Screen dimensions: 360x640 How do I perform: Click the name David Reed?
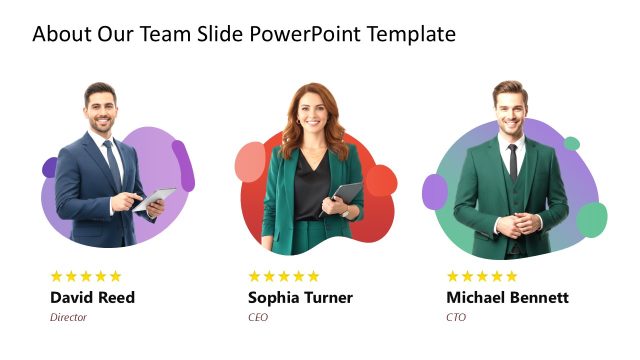pyautogui.click(x=92, y=297)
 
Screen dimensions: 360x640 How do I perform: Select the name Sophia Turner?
pyautogui.click(x=300, y=297)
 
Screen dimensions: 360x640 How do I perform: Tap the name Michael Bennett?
pyautogui.click(x=507, y=297)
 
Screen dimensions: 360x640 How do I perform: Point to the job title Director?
pyautogui.click(x=68, y=317)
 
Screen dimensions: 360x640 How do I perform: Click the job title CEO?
pyautogui.click(x=258, y=317)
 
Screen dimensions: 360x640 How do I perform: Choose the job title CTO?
pyautogui.click(x=456, y=317)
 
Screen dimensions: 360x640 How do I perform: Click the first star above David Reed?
pyautogui.click(x=57, y=276)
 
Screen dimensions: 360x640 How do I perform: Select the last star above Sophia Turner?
pyautogui.click(x=313, y=276)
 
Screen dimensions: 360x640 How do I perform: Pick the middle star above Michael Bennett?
pyautogui.click(x=484, y=276)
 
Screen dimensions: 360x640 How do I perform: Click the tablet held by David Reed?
pyautogui.click(x=155, y=199)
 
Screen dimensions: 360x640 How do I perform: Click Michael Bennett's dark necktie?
pyautogui.click(x=512, y=159)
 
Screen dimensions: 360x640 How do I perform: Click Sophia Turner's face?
pyautogui.click(x=310, y=113)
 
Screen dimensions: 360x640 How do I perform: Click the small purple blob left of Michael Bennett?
pyautogui.click(x=434, y=191)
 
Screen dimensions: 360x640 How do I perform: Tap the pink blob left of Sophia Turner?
pyautogui.click(x=250, y=162)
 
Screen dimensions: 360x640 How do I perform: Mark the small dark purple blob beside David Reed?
pyautogui.click(x=49, y=167)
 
